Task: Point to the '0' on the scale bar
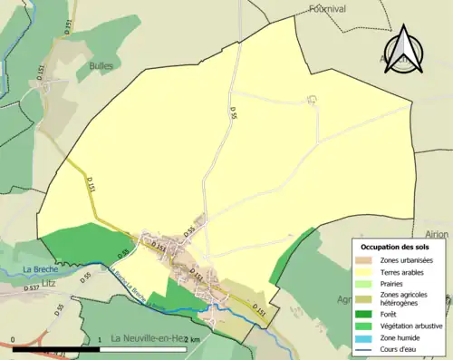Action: [x=14, y=340]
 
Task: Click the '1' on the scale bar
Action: [x=99, y=340]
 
